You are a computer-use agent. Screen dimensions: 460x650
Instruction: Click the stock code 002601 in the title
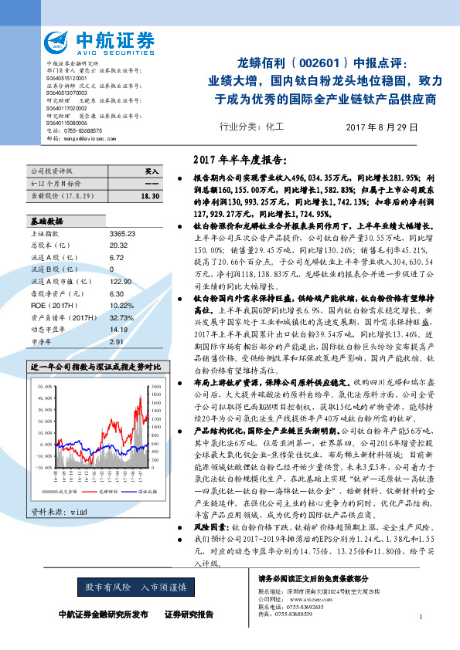click(319, 63)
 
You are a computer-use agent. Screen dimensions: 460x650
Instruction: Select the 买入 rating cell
click(152, 171)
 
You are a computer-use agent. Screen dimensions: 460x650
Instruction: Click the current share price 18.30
click(150, 198)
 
